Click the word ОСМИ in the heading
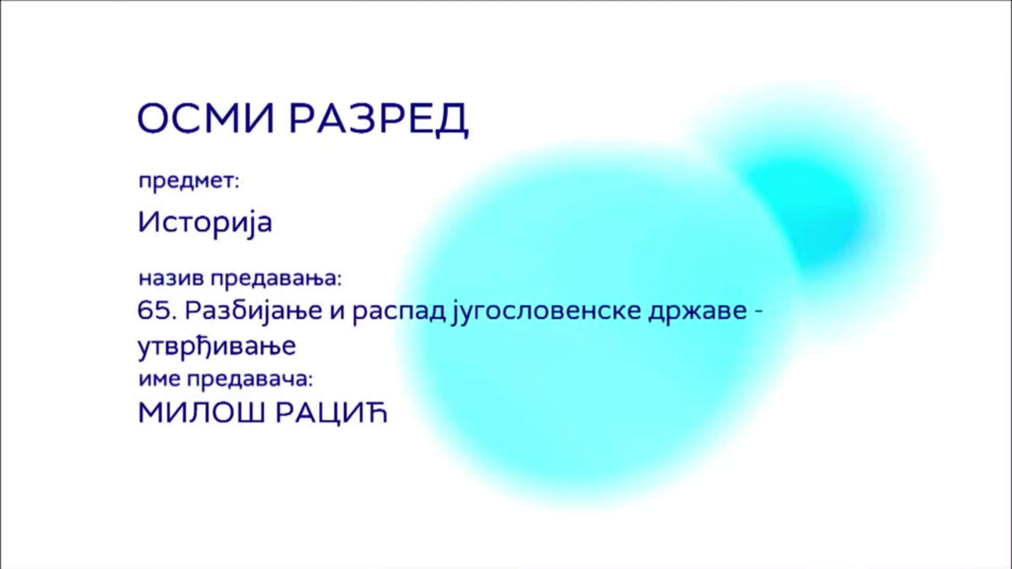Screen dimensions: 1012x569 206,118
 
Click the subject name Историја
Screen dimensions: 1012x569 205,222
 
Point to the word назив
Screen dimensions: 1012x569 171,278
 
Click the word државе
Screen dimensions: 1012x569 697,312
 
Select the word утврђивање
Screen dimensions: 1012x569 217,347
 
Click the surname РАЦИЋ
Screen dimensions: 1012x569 332,413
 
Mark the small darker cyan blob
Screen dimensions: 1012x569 806,211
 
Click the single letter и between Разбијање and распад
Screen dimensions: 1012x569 337,313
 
